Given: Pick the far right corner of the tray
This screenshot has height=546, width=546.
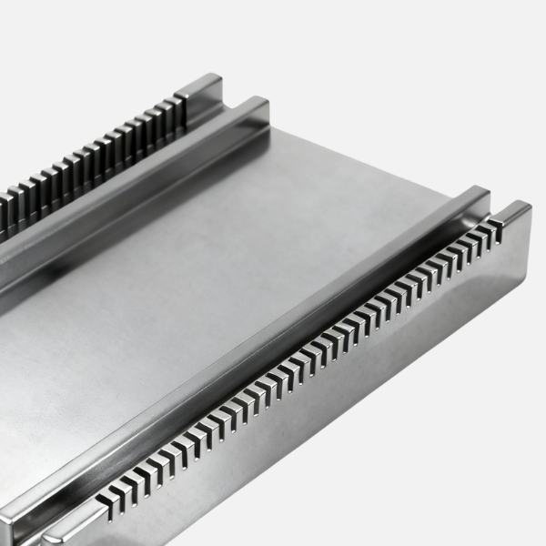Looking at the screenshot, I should pyautogui.click(x=531, y=211).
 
